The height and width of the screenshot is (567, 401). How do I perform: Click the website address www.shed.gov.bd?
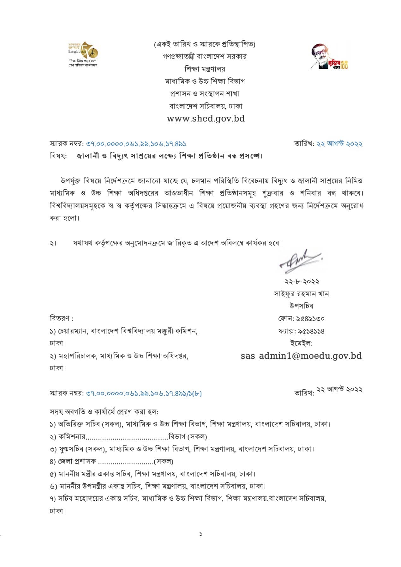coord(206,119)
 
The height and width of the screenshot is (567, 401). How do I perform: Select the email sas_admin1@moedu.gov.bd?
coord(301,356)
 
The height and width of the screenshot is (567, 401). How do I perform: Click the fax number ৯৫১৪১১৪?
coord(310,331)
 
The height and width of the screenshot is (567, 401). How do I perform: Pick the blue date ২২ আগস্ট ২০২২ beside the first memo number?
coord(339,144)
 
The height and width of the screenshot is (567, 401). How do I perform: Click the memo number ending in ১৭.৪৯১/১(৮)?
coord(144,393)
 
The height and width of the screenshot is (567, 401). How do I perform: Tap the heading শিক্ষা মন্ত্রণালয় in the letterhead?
coord(205,69)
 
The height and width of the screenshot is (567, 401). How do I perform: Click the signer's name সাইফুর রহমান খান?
coord(301,294)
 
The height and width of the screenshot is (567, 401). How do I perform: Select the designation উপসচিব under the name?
coord(301,306)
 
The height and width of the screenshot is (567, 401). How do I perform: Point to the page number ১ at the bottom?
coord(200,534)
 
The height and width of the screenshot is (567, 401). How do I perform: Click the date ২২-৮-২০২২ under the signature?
coord(302,281)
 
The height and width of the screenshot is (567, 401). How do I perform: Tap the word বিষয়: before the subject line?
coord(58,156)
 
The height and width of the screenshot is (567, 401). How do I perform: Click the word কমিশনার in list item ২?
coord(72,437)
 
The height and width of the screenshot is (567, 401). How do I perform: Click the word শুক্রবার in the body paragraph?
coord(272,193)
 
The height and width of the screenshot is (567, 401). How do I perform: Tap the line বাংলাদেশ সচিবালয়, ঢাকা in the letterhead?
coord(206,106)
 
